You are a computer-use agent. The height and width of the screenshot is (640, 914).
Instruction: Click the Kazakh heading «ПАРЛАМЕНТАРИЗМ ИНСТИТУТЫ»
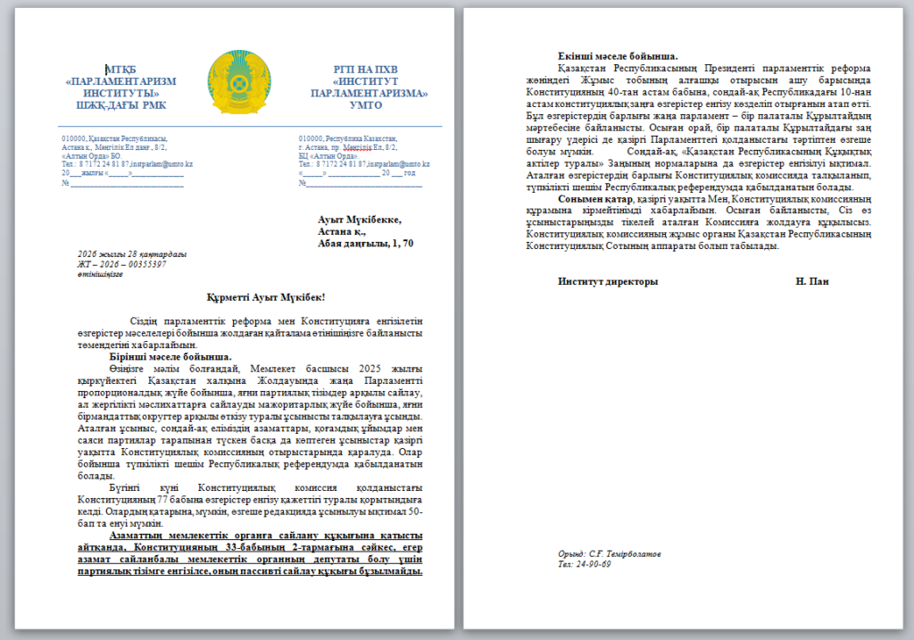121,87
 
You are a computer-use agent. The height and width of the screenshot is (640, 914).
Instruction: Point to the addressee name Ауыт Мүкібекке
360,220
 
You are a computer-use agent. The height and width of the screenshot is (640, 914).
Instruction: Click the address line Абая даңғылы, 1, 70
365,243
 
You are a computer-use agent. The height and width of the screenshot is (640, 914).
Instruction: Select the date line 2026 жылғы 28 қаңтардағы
132,254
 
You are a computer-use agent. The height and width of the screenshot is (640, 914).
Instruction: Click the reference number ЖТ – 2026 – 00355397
122,264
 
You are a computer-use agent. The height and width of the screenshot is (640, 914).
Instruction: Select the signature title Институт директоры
608,282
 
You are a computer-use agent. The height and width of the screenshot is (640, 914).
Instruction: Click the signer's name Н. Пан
811,282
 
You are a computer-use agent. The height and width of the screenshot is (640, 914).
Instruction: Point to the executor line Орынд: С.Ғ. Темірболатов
610,554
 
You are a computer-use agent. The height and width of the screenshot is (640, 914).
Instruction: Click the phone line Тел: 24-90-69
585,564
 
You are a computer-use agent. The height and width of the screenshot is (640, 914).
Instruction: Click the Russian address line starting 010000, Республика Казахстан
349,139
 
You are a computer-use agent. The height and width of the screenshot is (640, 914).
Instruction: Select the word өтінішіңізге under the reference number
100,274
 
